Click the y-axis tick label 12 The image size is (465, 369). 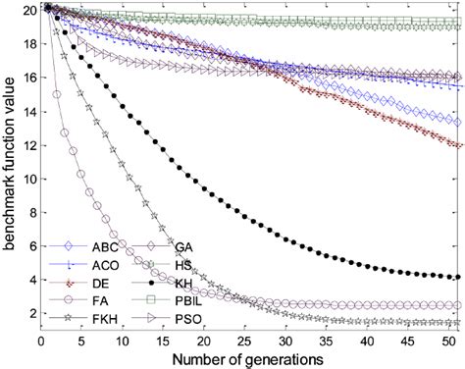tap(27, 145)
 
